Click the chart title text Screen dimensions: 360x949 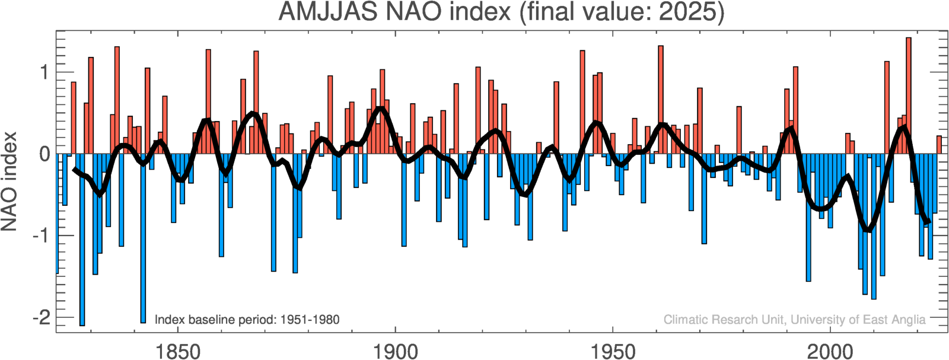[501, 12]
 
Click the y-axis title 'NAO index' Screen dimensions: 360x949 [10, 181]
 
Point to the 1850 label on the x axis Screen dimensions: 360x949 [177, 351]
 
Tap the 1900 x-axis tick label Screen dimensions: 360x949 [395, 351]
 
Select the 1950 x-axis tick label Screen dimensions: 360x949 [613, 351]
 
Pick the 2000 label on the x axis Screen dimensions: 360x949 [830, 351]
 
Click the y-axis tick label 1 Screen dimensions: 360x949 [44, 72]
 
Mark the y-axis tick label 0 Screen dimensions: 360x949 [44, 154]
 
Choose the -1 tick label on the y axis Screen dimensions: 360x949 [40, 235]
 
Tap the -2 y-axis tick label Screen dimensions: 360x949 [40, 317]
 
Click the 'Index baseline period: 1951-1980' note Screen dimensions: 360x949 [247, 320]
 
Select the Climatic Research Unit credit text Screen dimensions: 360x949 [794, 320]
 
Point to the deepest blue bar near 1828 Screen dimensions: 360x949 [82, 237]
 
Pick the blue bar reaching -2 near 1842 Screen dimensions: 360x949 [143, 237]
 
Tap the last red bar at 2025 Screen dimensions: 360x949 [939, 145]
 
